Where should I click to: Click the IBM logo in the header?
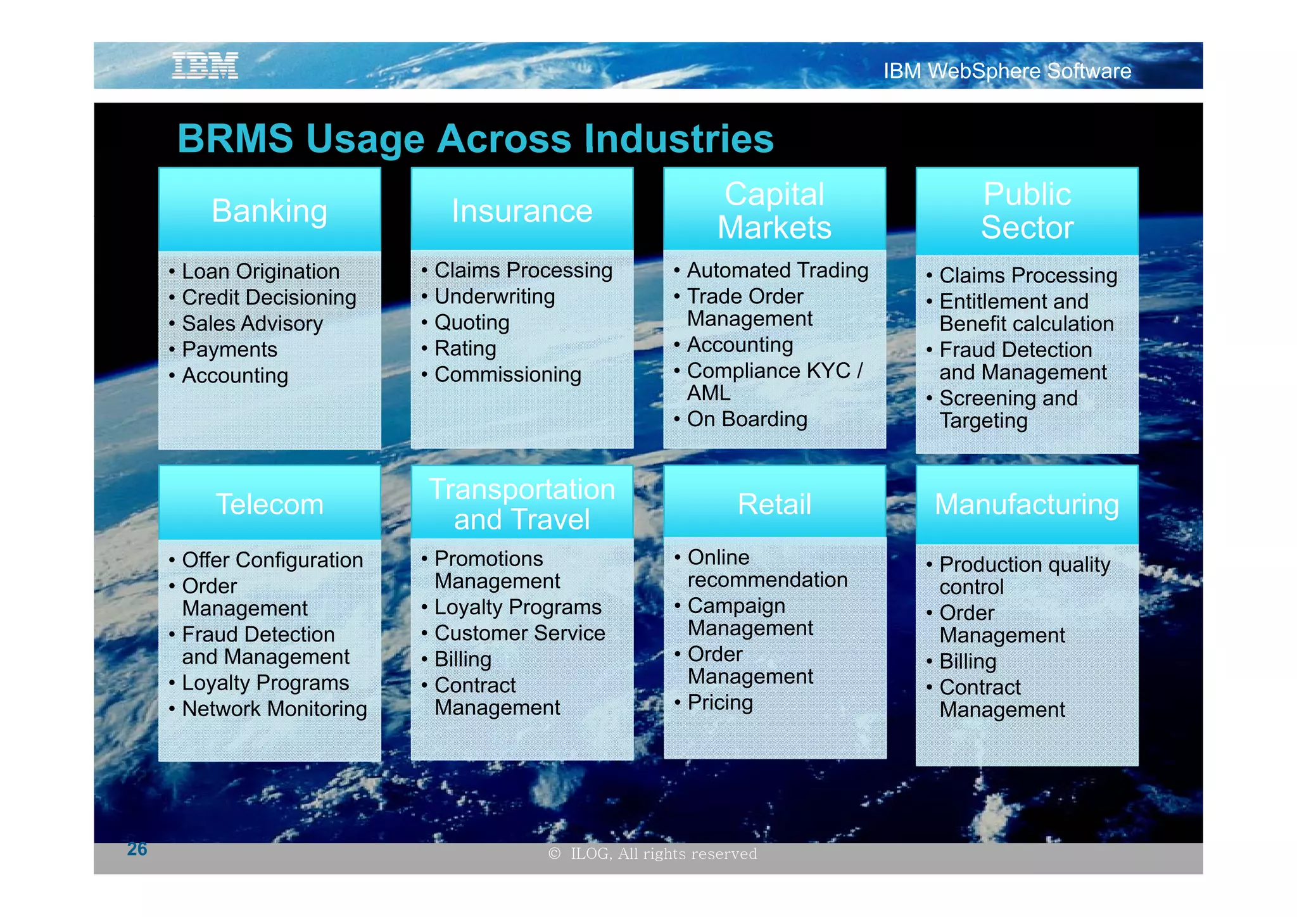point(205,66)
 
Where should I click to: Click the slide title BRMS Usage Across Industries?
point(475,139)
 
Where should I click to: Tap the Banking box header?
point(269,211)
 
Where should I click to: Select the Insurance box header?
point(522,211)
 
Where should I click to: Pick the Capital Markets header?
point(774,211)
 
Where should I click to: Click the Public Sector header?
point(1027,211)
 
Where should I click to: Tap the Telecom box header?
point(269,504)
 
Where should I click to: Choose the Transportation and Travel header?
point(522,504)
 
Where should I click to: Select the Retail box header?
point(774,504)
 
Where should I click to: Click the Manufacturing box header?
point(1027,504)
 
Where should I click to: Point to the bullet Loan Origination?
point(260,272)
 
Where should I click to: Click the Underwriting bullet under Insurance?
point(494,296)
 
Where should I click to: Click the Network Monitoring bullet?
point(274,709)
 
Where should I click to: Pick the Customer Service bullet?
point(519,633)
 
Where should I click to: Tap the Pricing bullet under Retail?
point(720,702)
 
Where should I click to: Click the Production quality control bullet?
point(1024,575)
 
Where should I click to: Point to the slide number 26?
point(137,849)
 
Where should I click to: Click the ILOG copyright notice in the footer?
point(653,854)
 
